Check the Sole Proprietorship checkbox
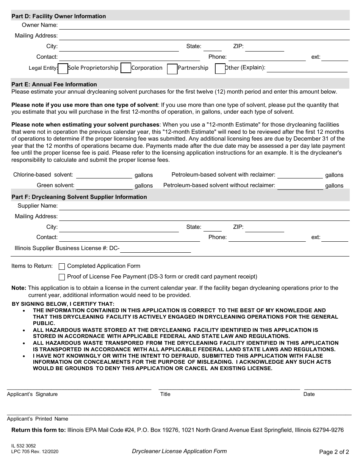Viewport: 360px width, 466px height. (63, 68)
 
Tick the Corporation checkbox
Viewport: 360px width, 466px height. (126, 68)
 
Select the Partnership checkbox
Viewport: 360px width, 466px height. (172, 69)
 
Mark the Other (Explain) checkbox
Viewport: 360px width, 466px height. (220, 69)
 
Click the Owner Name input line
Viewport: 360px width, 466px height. (204, 26)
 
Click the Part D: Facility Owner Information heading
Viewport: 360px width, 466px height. (59, 16)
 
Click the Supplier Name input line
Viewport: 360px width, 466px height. (204, 206)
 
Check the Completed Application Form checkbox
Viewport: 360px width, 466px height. (62, 266)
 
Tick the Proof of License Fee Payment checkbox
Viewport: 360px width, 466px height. (62, 277)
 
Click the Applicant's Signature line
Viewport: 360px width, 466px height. (79, 386)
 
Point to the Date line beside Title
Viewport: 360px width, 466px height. (327, 386)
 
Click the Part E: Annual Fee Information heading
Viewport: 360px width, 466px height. (54, 84)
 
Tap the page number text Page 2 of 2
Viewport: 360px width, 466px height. (334, 452)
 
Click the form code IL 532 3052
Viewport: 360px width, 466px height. (23, 446)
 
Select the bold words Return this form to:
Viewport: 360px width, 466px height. (38, 430)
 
